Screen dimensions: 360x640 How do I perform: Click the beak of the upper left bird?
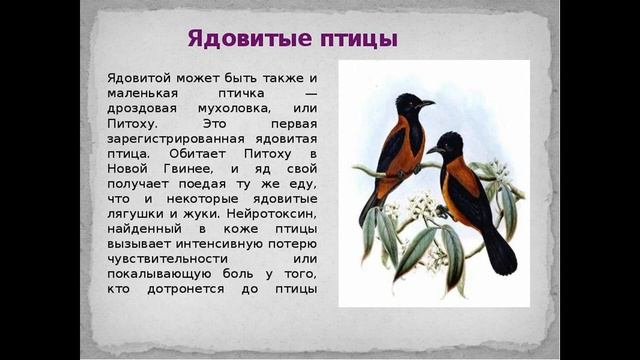tap(427, 102)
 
